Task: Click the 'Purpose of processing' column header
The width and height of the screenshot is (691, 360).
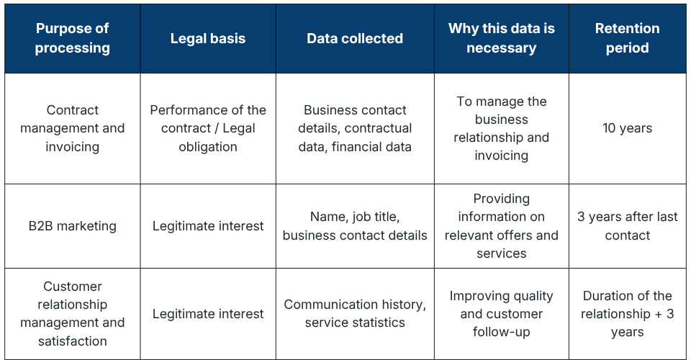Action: (72, 38)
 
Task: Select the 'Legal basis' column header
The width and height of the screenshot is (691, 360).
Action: (208, 38)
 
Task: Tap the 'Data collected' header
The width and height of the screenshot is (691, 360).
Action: (355, 38)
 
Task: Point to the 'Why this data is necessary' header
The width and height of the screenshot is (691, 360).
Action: (502, 38)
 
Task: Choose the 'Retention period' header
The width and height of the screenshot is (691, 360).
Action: (627, 38)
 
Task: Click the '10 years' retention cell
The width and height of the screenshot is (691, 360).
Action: (627, 128)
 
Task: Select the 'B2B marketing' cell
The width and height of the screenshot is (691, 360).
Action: (72, 226)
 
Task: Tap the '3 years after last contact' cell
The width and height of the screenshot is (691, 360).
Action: (627, 226)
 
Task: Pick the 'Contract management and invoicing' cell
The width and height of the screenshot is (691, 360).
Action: (72, 128)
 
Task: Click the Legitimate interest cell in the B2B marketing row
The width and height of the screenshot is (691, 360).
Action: (208, 226)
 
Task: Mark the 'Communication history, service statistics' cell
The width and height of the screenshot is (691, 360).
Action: (355, 313)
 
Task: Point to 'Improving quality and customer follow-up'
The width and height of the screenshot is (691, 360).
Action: (502, 313)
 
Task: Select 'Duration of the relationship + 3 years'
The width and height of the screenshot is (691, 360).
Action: (627, 313)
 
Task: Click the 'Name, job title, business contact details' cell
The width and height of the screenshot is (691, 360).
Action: (355, 226)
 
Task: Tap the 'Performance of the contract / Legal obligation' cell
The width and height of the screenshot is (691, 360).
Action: (208, 128)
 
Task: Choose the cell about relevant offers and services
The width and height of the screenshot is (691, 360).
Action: (502, 226)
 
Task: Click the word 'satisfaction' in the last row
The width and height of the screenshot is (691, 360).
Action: (72, 341)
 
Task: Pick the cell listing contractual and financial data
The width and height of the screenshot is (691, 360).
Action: (355, 128)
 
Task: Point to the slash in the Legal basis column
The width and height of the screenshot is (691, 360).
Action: (217, 128)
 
